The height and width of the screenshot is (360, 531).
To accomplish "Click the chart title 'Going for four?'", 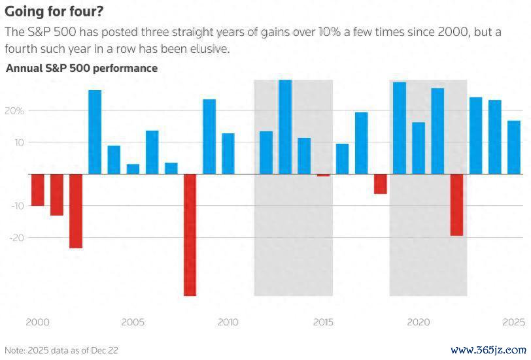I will (53, 11).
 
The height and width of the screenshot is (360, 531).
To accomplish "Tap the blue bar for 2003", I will (95, 132).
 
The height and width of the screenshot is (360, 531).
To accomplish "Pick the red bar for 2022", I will (456, 205).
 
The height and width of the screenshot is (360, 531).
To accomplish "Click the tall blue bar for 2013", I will (285, 127).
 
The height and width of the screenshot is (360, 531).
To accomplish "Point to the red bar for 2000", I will (38, 189).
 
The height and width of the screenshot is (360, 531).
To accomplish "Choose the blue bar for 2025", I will (514, 147).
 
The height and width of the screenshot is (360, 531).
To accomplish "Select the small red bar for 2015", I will (323, 175).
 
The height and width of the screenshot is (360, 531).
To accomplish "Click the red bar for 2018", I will (381, 184).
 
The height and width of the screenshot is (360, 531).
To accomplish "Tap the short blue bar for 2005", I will (133, 169).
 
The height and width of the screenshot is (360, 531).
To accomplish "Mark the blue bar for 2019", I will (400, 128).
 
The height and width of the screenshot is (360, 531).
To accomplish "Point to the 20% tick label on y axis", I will (15, 110).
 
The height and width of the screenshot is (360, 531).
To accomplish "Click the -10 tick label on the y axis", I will (17, 206).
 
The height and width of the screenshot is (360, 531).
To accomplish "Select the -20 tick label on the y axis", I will (17, 238).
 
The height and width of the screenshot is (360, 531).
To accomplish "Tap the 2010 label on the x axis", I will (228, 322).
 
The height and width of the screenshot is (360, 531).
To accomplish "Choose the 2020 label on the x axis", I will (418, 322).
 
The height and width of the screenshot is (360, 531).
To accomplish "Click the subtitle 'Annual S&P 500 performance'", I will (82, 68).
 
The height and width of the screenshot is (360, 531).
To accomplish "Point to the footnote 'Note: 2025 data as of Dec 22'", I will (61, 350).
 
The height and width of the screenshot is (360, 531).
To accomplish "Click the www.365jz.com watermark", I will (489, 350).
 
